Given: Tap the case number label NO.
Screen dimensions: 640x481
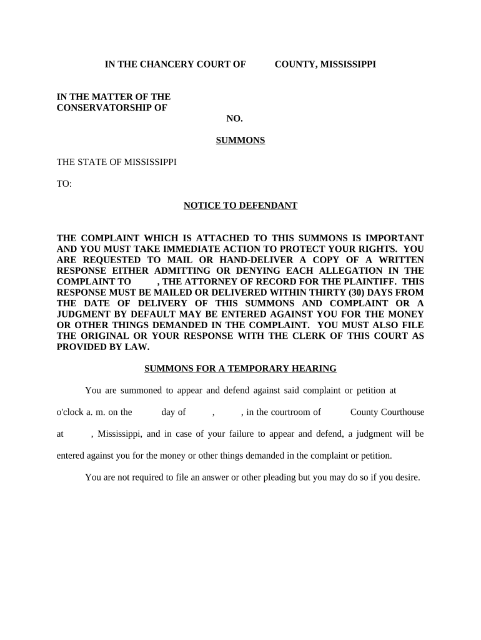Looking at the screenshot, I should pyautogui.click(x=234, y=119).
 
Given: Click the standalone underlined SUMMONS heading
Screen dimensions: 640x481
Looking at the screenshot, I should pyautogui.click(x=241, y=141).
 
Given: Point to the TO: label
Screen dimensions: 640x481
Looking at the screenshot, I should pyautogui.click(x=64, y=184).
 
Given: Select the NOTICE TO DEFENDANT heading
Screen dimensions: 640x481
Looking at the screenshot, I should pyautogui.click(x=241, y=206).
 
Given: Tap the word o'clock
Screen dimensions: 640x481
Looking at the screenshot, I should pyautogui.click(x=71, y=412).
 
